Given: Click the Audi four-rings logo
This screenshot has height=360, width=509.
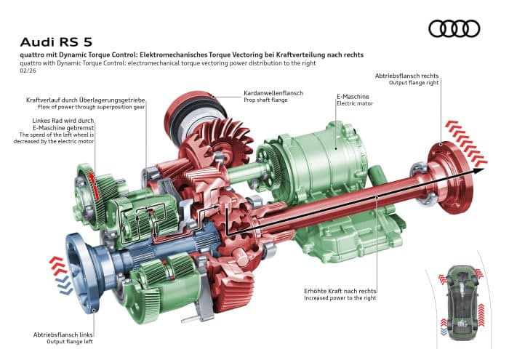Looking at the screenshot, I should pyautogui.click(x=454, y=28).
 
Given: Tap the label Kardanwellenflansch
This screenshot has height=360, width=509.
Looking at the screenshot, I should pyautogui.click(x=274, y=94).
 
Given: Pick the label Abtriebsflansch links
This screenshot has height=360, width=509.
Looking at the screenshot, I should pyautogui.click(x=63, y=334).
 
